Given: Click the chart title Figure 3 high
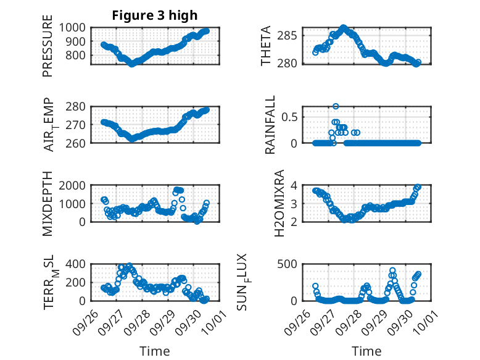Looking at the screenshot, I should point(154,15).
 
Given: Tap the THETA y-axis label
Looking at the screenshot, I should point(266,47).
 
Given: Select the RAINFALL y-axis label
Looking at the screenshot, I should point(270,125).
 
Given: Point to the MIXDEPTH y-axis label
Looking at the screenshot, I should point(48,203).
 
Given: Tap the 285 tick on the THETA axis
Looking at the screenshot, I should point(291,35).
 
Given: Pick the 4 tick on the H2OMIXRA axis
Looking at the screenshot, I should point(296,185).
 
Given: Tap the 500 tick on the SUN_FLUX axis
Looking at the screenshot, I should point(291,264).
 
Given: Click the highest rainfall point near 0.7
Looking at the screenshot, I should point(336,106).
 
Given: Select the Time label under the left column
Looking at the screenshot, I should point(154,351).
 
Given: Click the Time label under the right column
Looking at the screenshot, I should point(366,351).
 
